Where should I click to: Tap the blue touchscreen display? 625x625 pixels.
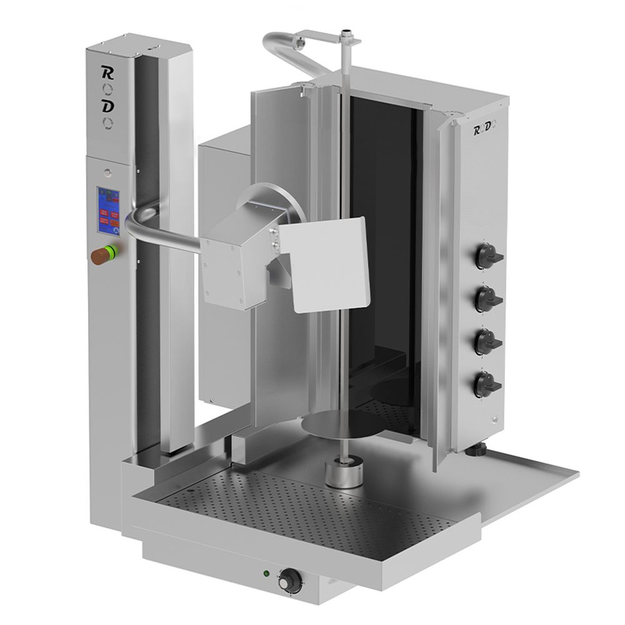click(x=107, y=211)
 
